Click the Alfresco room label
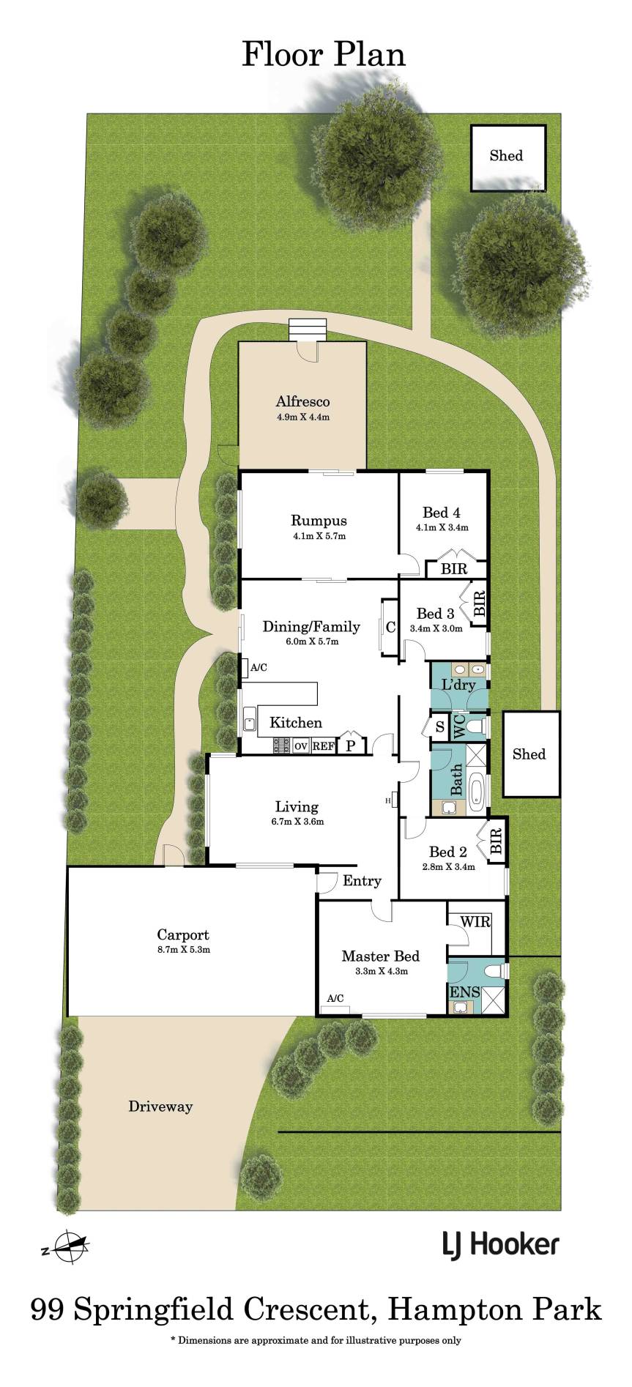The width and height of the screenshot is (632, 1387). click(x=302, y=401)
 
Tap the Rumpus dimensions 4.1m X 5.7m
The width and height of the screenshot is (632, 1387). click(x=319, y=536)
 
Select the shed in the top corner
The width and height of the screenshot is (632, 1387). click(x=508, y=157)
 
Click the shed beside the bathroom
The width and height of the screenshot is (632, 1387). click(x=530, y=754)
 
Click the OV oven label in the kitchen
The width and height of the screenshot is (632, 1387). click(x=300, y=746)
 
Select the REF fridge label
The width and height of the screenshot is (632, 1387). click(x=323, y=746)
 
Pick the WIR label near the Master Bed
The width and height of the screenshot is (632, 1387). click(x=472, y=922)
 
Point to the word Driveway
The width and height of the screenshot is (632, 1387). click(x=160, y=1107)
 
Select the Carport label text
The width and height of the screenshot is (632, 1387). click(x=183, y=934)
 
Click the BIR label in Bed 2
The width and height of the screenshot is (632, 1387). click(x=495, y=840)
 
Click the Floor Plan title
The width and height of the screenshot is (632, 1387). click(x=324, y=55)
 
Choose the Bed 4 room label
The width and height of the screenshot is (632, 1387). click(x=442, y=513)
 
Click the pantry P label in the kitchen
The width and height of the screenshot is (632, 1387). click(x=351, y=746)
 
